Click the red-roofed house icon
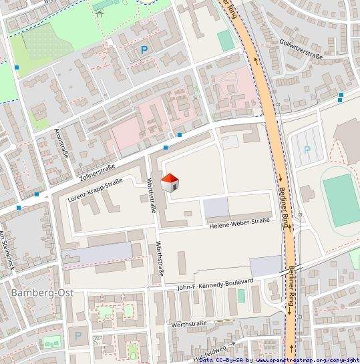(170, 182)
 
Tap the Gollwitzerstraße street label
(302, 50)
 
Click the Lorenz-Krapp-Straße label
(96, 190)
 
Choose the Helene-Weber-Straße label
(239, 224)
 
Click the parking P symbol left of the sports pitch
(307, 150)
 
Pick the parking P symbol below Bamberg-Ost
(77, 336)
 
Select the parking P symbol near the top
(144, 49)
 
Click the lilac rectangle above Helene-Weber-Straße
(216, 208)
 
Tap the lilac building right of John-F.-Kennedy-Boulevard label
(266, 264)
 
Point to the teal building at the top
(226, 41)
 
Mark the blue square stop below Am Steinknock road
(18, 208)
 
